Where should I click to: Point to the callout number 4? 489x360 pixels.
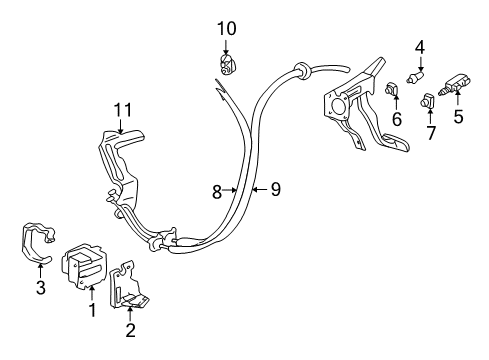(420, 45)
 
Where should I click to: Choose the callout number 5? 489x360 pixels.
(459, 116)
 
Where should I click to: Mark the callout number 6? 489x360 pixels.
(396, 117)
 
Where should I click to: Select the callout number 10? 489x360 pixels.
(225, 27)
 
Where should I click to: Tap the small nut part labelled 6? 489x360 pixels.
(391, 93)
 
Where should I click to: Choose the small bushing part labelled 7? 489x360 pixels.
(428, 100)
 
